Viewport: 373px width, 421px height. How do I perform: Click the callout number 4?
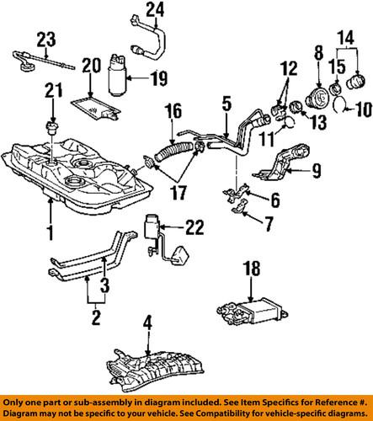pyautogui.click(x=147, y=320)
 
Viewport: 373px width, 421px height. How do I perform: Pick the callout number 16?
pyautogui.click(x=173, y=109)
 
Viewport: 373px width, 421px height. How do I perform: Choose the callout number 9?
pyautogui.click(x=317, y=174)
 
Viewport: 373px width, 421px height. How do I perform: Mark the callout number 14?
pyautogui.click(x=345, y=38)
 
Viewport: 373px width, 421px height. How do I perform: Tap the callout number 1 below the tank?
pyautogui.click(x=51, y=230)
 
